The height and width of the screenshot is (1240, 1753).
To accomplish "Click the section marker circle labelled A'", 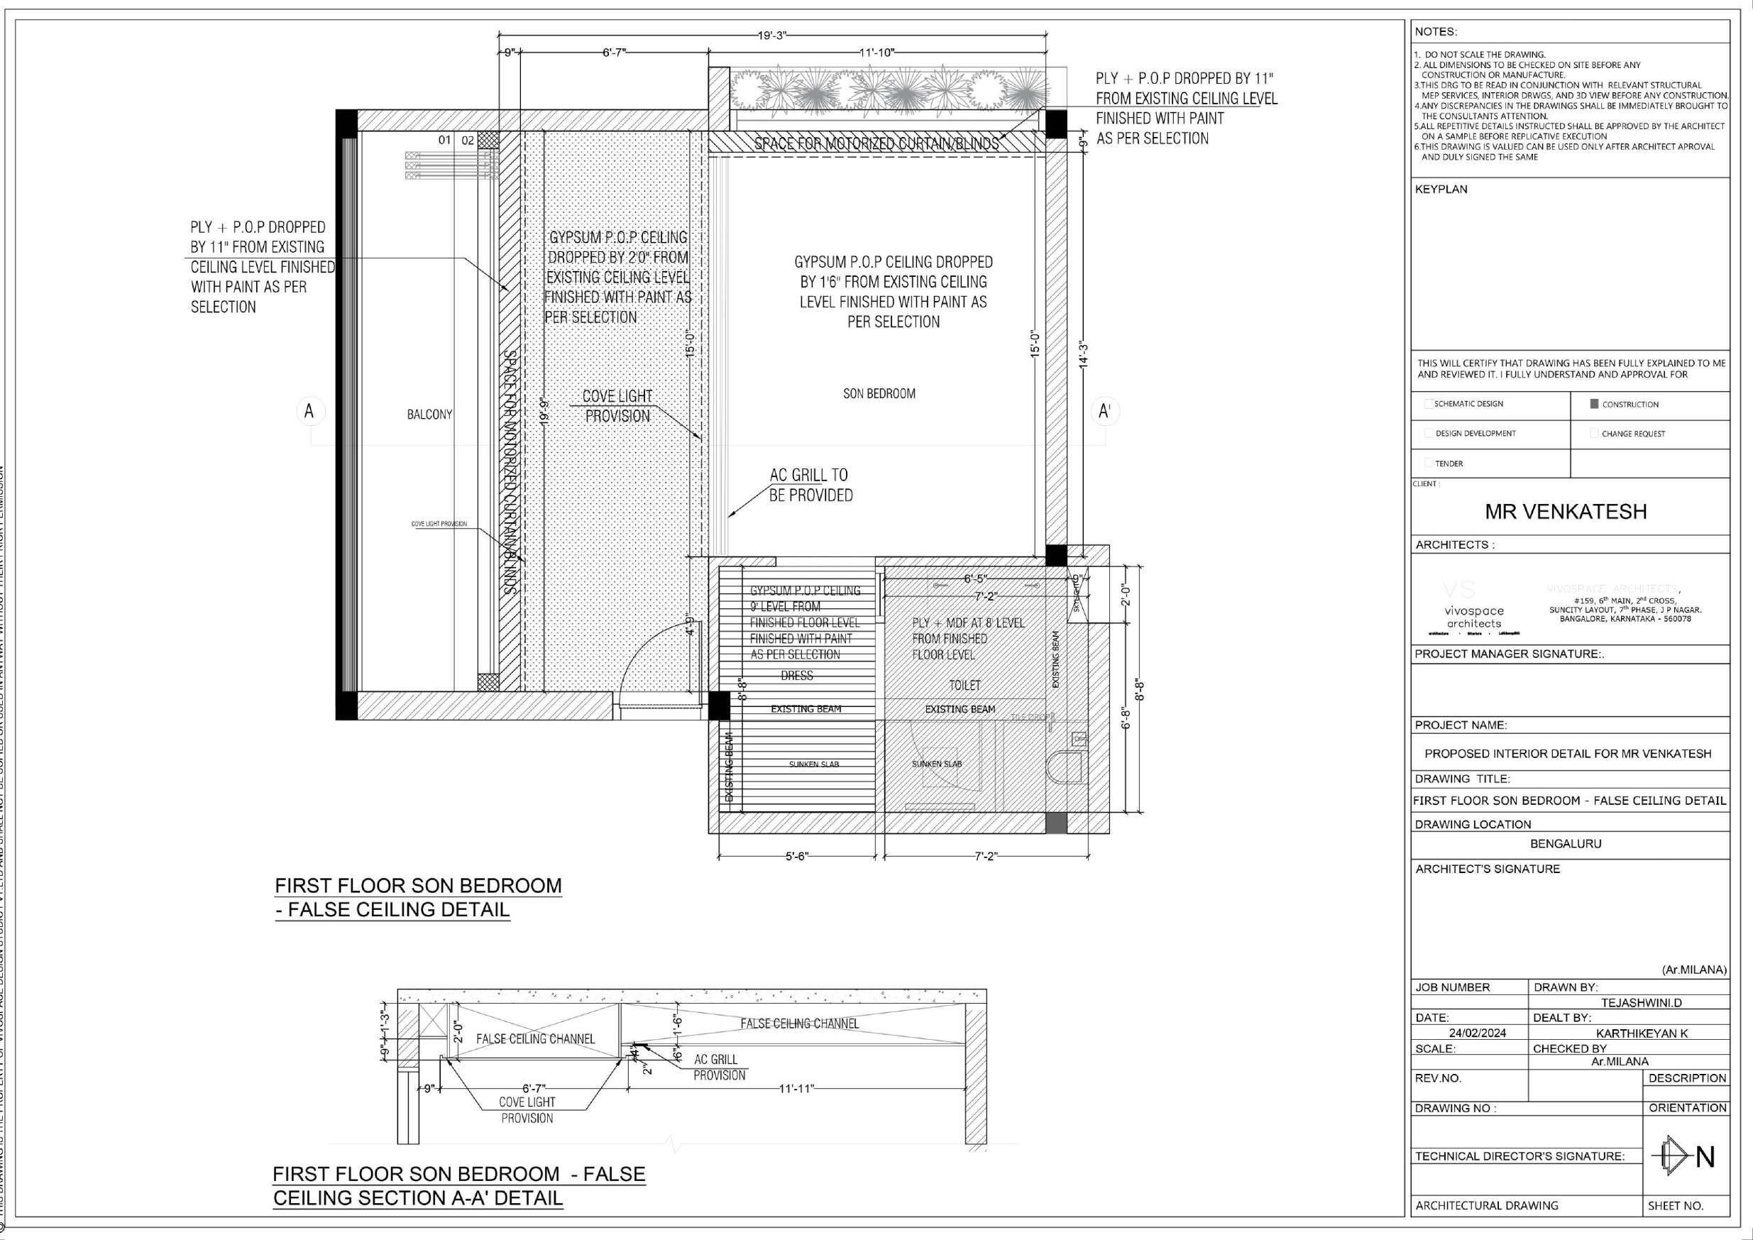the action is pos(1104,412).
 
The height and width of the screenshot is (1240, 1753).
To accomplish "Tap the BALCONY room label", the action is pos(429,415).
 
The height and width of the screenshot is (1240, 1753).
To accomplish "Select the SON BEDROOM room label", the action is pos(879,394).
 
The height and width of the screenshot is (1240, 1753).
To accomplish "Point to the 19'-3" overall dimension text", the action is pos(772,35).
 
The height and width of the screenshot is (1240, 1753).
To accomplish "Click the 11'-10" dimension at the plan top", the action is pos(876,53).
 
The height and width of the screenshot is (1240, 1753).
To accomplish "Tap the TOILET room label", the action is pos(965,686).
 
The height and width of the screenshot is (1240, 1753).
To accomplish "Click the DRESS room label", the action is pos(796,676).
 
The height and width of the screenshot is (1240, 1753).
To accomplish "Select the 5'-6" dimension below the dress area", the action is pos(797,856).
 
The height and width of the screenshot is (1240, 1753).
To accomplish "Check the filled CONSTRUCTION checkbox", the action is pos(1594,404).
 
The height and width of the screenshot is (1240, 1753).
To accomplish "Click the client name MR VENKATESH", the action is pos(1565,512).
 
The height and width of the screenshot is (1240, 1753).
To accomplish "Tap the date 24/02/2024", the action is pos(1478,1033).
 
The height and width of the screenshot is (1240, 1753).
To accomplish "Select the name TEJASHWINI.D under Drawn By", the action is pos(1641,1002).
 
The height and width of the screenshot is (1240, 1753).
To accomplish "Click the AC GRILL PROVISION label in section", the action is pos(718,1068).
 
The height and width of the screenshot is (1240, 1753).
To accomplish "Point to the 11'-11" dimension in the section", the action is pos(796,1089).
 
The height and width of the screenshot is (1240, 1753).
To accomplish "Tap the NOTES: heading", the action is pos(1435,32).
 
